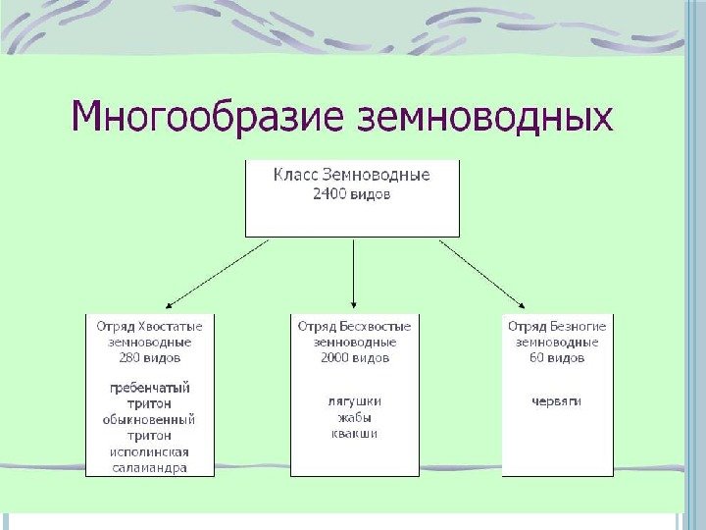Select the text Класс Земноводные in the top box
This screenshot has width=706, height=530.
[x=351, y=175]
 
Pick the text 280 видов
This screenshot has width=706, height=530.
[x=150, y=358]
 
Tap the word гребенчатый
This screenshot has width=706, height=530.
[x=150, y=388]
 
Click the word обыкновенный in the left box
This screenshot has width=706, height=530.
[x=150, y=419]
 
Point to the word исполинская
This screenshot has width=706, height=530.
[x=150, y=451]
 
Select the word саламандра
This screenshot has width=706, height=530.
[x=150, y=468]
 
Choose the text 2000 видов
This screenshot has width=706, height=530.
[x=354, y=358]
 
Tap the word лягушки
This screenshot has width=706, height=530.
[x=354, y=401]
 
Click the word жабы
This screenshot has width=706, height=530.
[x=354, y=417]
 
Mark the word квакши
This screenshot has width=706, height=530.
[x=354, y=433]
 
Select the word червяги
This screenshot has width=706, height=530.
[x=557, y=401]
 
